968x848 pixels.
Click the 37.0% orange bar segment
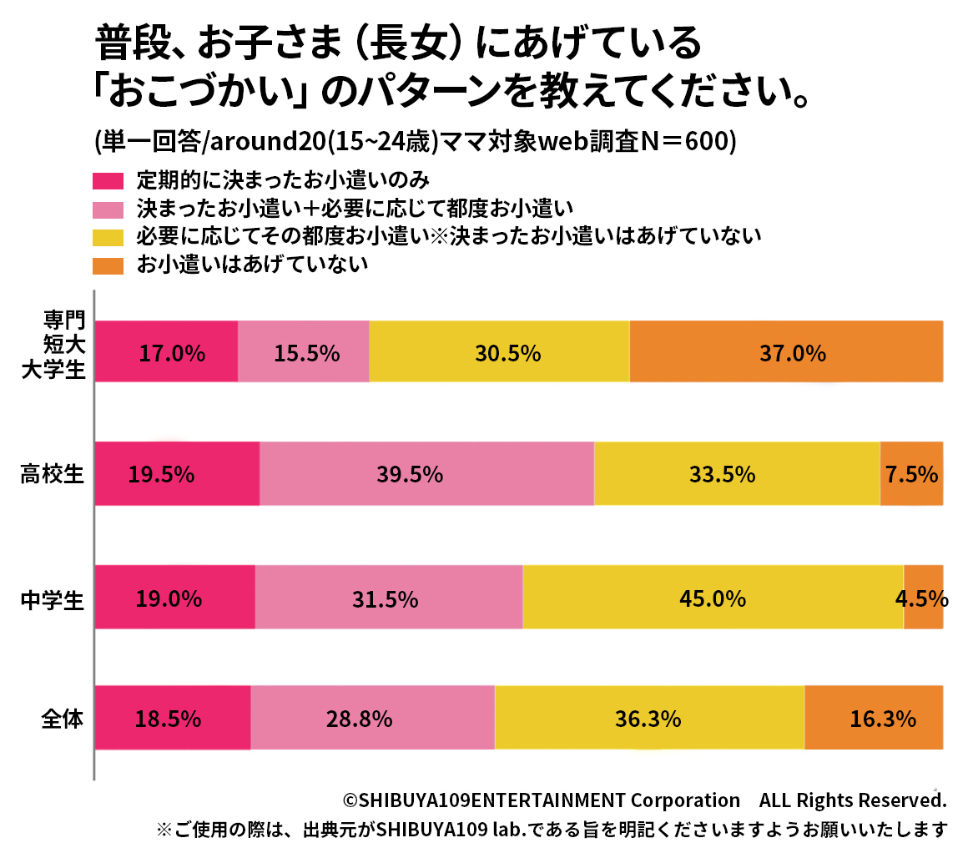pos(786,352)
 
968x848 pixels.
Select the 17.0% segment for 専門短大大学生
pos(166,352)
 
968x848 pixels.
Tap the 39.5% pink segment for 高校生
pos(426,474)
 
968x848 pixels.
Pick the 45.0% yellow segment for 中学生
pos(713,598)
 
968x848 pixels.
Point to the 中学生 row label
pos(53,598)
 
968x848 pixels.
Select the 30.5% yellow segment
pos(499,352)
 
